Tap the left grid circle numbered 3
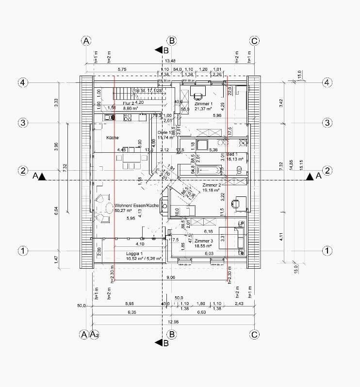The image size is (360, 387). point(22,123)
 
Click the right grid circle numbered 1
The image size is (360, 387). point(327,251)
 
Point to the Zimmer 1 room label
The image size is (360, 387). point(203,104)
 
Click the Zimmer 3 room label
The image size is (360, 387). point(203,241)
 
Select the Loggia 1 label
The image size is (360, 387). point(134,254)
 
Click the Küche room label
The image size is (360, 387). point(113,138)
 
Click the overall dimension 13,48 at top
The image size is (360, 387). point(170,61)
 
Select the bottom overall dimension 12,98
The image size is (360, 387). point(172,322)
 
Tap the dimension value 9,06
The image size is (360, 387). point(170,277)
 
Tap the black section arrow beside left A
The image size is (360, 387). point(43,177)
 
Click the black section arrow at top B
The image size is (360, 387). point(158,49)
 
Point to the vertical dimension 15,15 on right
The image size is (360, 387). point(301,165)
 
